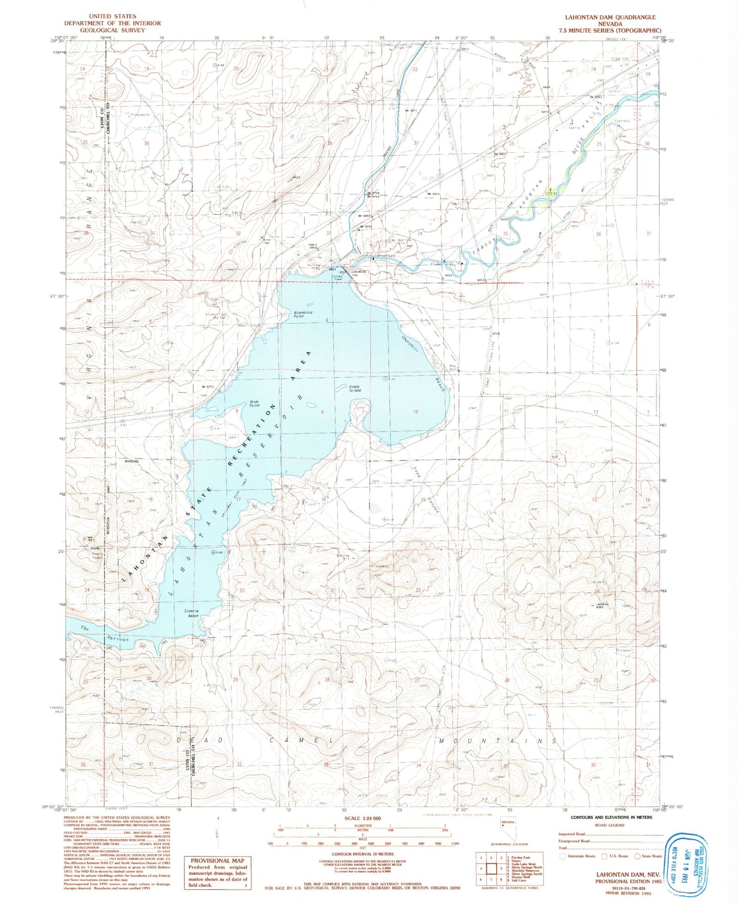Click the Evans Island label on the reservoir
354,389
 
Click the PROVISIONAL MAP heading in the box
217,860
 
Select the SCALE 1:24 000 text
363,819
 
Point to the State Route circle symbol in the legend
637,856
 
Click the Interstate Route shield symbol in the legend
563,856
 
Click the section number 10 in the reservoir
415,412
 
